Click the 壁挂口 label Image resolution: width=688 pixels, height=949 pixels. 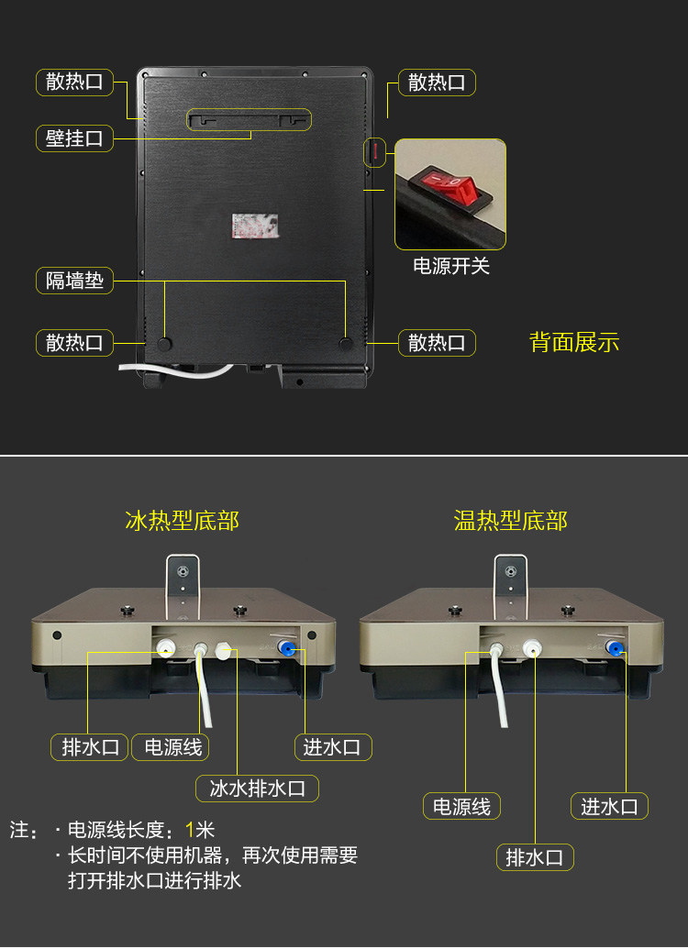pos(74,138)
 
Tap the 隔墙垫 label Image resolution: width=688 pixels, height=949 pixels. pos(74,280)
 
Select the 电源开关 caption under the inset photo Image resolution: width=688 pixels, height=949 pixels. pos(451,266)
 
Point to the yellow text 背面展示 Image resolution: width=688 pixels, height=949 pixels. pos(574,343)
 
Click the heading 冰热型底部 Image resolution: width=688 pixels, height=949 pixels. pos(182,521)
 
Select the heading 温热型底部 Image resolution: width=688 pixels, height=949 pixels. pos(510,521)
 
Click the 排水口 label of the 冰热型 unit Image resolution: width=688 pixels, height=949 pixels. pos(90,746)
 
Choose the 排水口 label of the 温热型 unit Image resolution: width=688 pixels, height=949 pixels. pos(535,857)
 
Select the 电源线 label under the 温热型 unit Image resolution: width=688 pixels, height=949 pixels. pos(461,807)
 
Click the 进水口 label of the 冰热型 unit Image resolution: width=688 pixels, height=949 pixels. pos(331,746)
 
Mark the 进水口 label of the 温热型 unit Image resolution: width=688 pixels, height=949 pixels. pos(610,807)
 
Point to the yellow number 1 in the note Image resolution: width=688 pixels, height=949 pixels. pos(190,831)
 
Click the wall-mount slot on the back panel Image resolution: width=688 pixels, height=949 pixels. pos(250,118)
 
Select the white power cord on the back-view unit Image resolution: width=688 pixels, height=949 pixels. pos(174,370)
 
